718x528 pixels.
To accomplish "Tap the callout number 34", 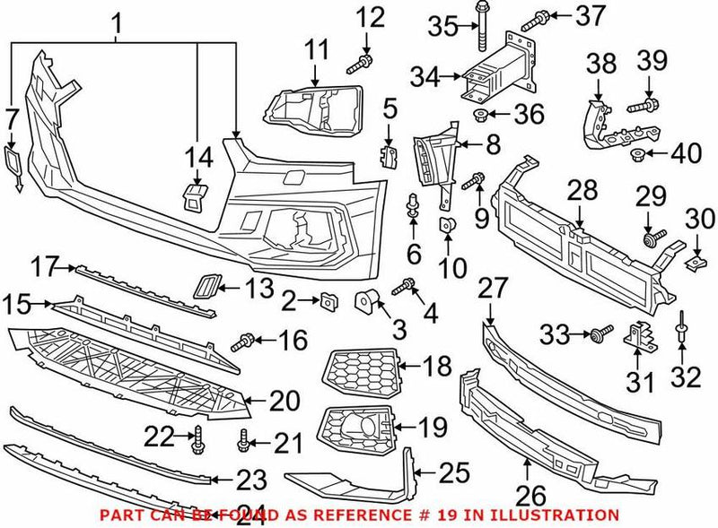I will click(x=425, y=78).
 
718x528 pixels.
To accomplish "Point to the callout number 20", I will click(x=285, y=401).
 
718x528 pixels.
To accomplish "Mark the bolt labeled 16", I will click(x=243, y=341).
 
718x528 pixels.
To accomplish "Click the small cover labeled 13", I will click(x=205, y=287).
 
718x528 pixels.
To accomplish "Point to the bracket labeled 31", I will click(x=641, y=338).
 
